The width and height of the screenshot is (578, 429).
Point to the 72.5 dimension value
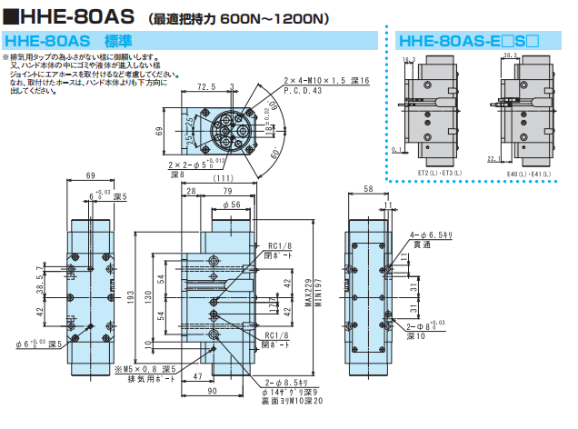(x=206, y=88)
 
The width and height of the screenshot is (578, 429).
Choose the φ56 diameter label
(x=233, y=205)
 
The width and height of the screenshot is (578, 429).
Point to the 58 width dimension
(x=368, y=188)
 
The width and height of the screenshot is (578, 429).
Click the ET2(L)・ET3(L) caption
(x=440, y=172)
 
